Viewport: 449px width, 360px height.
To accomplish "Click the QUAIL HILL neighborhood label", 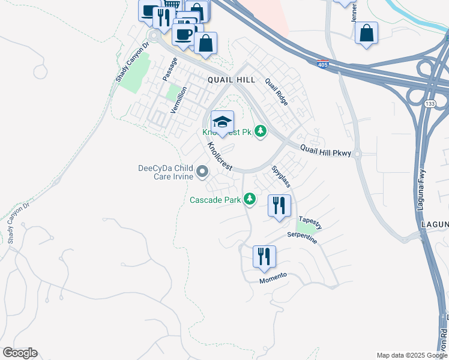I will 231,80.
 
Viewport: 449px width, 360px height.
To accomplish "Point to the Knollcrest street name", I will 219,156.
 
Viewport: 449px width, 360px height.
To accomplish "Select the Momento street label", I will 273,278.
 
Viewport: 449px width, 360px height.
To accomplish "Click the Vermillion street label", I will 178,100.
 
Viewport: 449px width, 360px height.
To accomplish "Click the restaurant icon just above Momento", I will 264,257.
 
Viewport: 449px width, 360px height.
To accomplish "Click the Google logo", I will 20,353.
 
